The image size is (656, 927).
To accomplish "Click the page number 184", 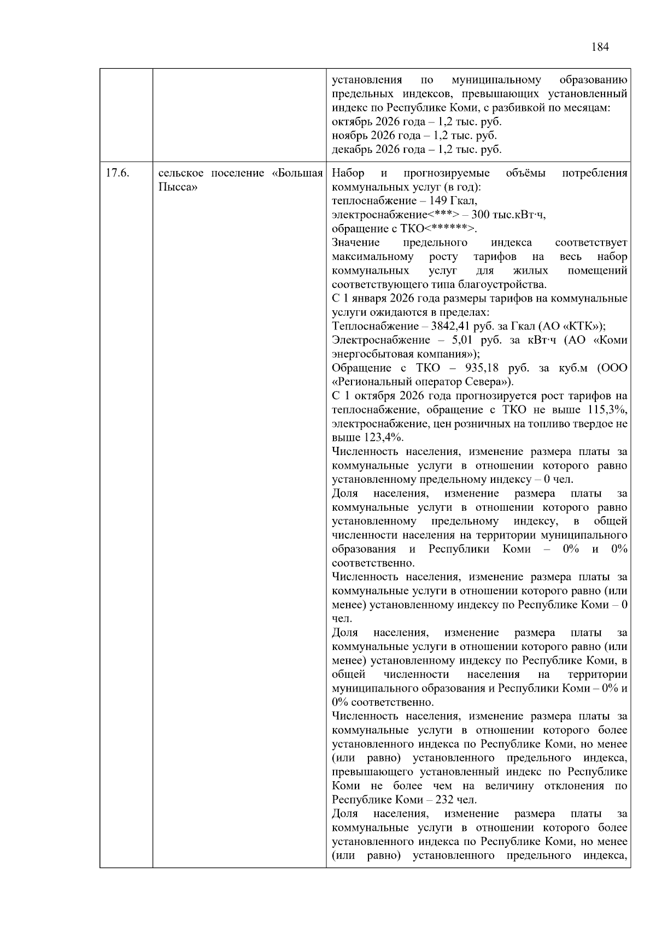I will click(x=600, y=47).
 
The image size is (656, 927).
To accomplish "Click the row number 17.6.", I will click(x=117, y=174).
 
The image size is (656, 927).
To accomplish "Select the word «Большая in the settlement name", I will click(x=298, y=174).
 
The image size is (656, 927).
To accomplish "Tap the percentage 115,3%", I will click(x=608, y=410).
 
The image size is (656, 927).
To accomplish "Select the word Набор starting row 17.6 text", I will click(x=348, y=174).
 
